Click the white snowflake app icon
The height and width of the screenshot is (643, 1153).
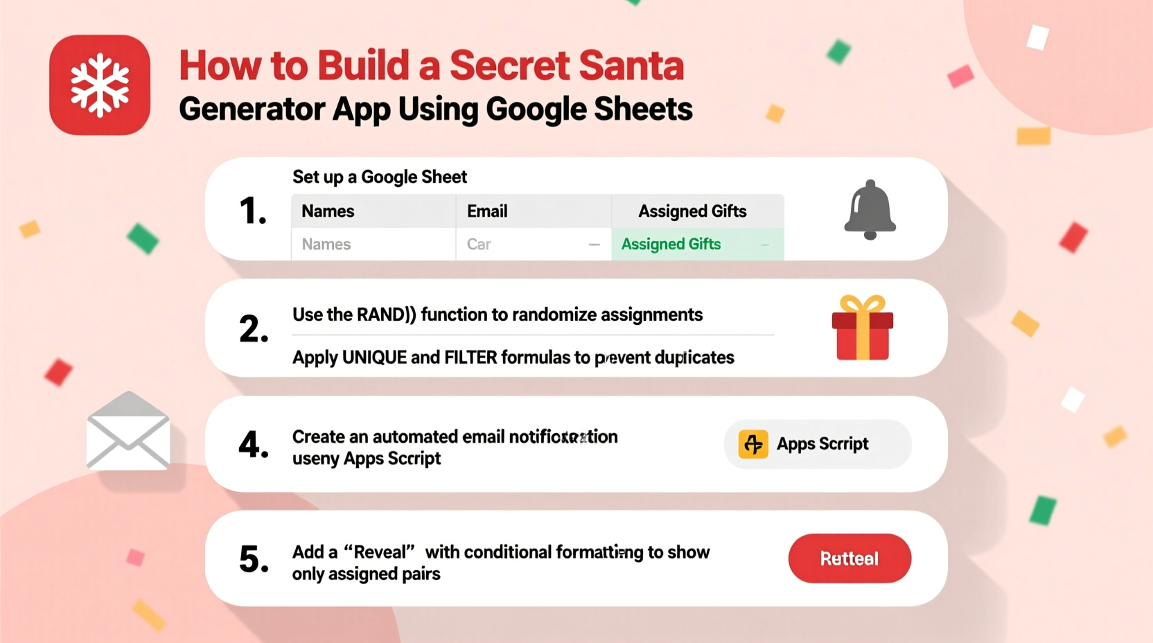(x=100, y=85)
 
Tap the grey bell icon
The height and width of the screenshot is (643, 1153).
(x=870, y=210)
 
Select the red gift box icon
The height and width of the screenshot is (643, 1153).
(x=862, y=328)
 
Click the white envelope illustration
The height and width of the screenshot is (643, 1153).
(x=128, y=431)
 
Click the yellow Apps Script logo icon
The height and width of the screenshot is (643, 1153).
(x=753, y=444)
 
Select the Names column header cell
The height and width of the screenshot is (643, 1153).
(x=373, y=211)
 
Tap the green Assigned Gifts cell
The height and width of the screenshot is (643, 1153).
(x=697, y=245)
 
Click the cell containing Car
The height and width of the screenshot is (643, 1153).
(x=533, y=245)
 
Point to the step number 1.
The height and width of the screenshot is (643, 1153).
(x=253, y=211)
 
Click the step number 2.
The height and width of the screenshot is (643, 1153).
(x=254, y=328)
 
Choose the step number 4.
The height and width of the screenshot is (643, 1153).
(x=254, y=445)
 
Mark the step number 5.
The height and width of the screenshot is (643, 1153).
(x=254, y=559)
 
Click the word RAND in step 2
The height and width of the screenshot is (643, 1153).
(x=380, y=315)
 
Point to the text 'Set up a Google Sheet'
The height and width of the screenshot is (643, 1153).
(x=380, y=177)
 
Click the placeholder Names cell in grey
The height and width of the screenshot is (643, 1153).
(x=373, y=245)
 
